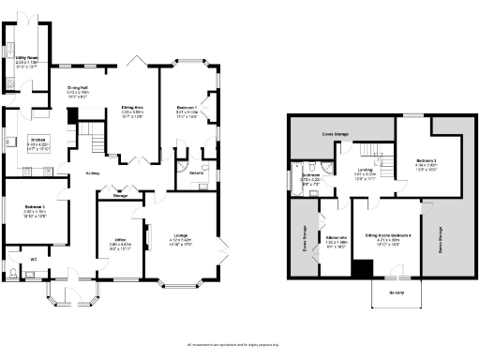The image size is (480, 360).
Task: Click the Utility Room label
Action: click(26, 58)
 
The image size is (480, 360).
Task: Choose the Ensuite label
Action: click(197, 174)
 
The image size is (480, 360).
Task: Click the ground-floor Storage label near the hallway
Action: click(120, 195)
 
